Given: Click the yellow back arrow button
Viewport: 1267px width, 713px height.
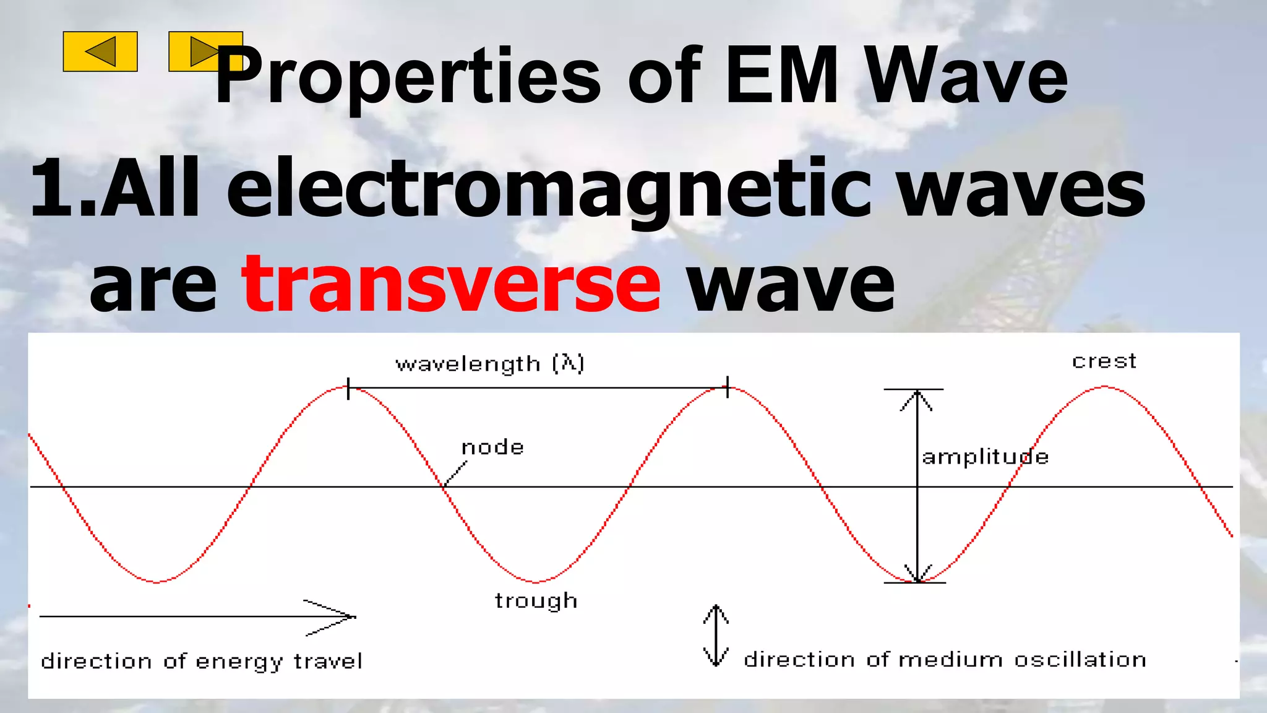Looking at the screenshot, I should tap(100, 51).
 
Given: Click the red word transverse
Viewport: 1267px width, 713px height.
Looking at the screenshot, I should tap(451, 285).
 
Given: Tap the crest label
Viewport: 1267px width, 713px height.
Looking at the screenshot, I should tap(1104, 361).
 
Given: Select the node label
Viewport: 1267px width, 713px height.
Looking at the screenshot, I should tap(493, 447).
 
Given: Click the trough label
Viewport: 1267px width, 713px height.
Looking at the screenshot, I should tap(536, 601).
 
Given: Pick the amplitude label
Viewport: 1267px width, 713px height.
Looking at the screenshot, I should tap(985, 457).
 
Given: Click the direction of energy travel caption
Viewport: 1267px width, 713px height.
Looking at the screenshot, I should tap(202, 662).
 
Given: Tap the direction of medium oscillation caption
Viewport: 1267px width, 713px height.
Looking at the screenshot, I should tap(945, 660).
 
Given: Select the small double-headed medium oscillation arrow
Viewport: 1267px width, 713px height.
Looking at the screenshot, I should tap(716, 636).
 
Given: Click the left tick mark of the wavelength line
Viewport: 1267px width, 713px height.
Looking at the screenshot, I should tap(348, 388).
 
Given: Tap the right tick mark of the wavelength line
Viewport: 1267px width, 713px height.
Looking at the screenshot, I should tap(728, 387).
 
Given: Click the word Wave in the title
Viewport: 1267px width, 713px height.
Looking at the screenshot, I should tap(966, 78).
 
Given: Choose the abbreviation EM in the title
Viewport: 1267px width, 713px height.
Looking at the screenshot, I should tap(782, 78).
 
